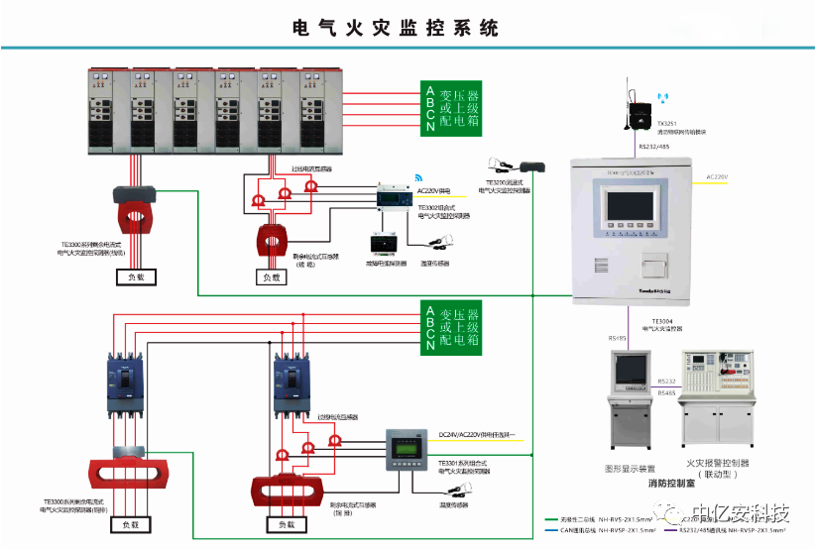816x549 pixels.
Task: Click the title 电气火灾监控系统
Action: click(x=396, y=28)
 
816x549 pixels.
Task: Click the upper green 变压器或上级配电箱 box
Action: click(x=452, y=107)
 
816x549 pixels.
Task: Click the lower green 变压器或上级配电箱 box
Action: click(x=452, y=328)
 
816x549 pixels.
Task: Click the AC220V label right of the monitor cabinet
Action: click(x=718, y=176)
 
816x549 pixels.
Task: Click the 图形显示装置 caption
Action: click(x=631, y=468)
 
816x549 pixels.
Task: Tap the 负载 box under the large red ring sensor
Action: click(x=139, y=278)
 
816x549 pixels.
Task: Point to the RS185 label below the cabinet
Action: click(x=618, y=338)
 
